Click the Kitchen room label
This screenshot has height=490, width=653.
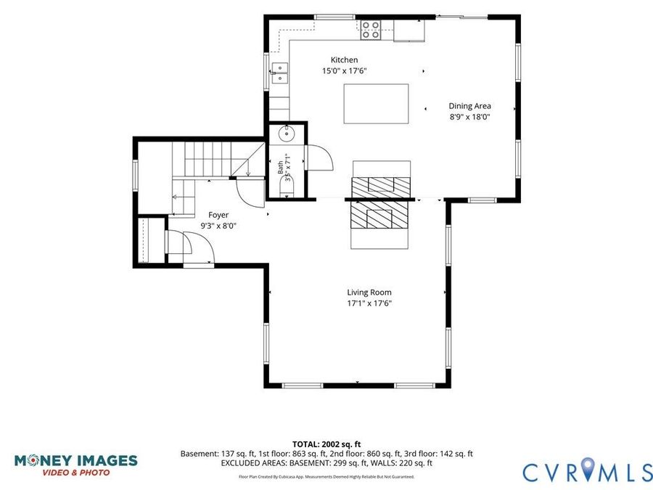click(344, 60)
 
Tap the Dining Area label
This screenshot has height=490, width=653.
click(469, 106)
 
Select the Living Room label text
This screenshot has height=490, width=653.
click(369, 293)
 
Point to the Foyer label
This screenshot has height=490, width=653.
click(218, 215)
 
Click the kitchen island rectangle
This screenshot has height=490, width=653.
click(376, 104)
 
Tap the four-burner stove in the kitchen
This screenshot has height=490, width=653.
click(370, 30)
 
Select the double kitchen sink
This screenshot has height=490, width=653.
click(280, 73)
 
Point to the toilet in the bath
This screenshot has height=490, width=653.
click(287, 187)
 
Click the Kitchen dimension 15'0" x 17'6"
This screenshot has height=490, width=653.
click(344, 71)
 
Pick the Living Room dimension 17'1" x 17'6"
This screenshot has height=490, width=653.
click(369, 303)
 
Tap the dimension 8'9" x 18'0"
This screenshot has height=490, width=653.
click(469, 117)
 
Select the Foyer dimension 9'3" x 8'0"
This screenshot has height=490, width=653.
click(218, 226)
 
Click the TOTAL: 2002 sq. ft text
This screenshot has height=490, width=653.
click(326, 444)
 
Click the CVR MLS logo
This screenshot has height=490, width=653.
click(588, 473)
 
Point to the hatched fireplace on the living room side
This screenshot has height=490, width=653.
click(379, 215)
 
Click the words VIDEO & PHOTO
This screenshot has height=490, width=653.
click(75, 473)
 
